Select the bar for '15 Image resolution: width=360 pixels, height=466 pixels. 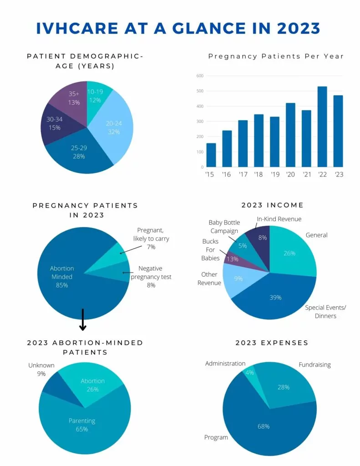(x=211, y=155)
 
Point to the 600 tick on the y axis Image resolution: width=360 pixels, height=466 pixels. (x=199, y=76)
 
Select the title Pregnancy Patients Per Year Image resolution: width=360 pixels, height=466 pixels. (x=276, y=56)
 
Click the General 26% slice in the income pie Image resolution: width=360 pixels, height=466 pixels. (x=291, y=255)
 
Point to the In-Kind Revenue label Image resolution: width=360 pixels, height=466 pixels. (x=279, y=219)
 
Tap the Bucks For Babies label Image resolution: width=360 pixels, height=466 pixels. (x=210, y=249)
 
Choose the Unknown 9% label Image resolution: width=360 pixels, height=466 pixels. (x=41, y=369)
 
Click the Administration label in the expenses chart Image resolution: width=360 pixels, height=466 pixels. (x=225, y=364)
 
